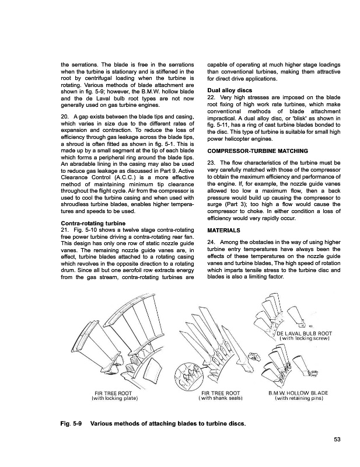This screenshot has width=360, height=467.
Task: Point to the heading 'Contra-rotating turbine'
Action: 89,223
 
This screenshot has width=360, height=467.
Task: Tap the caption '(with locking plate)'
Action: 114,399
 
